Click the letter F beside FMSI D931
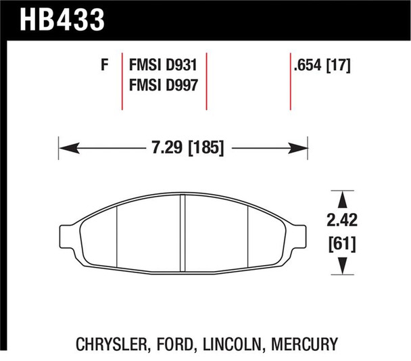pos(104,66)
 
